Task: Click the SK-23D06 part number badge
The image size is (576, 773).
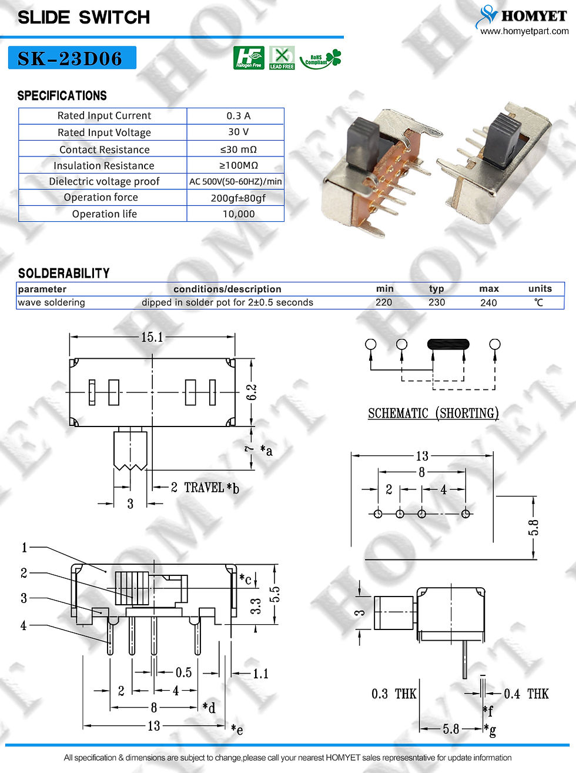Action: (72, 58)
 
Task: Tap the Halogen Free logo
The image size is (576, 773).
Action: (249, 58)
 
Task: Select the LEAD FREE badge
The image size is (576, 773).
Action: (282, 58)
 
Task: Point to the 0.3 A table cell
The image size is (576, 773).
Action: (238, 116)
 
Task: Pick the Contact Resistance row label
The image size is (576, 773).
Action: (105, 149)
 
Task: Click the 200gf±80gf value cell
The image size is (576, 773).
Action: (238, 198)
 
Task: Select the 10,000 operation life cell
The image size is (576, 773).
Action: (239, 214)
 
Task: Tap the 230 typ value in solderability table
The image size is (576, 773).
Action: (437, 302)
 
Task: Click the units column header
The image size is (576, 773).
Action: (540, 289)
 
